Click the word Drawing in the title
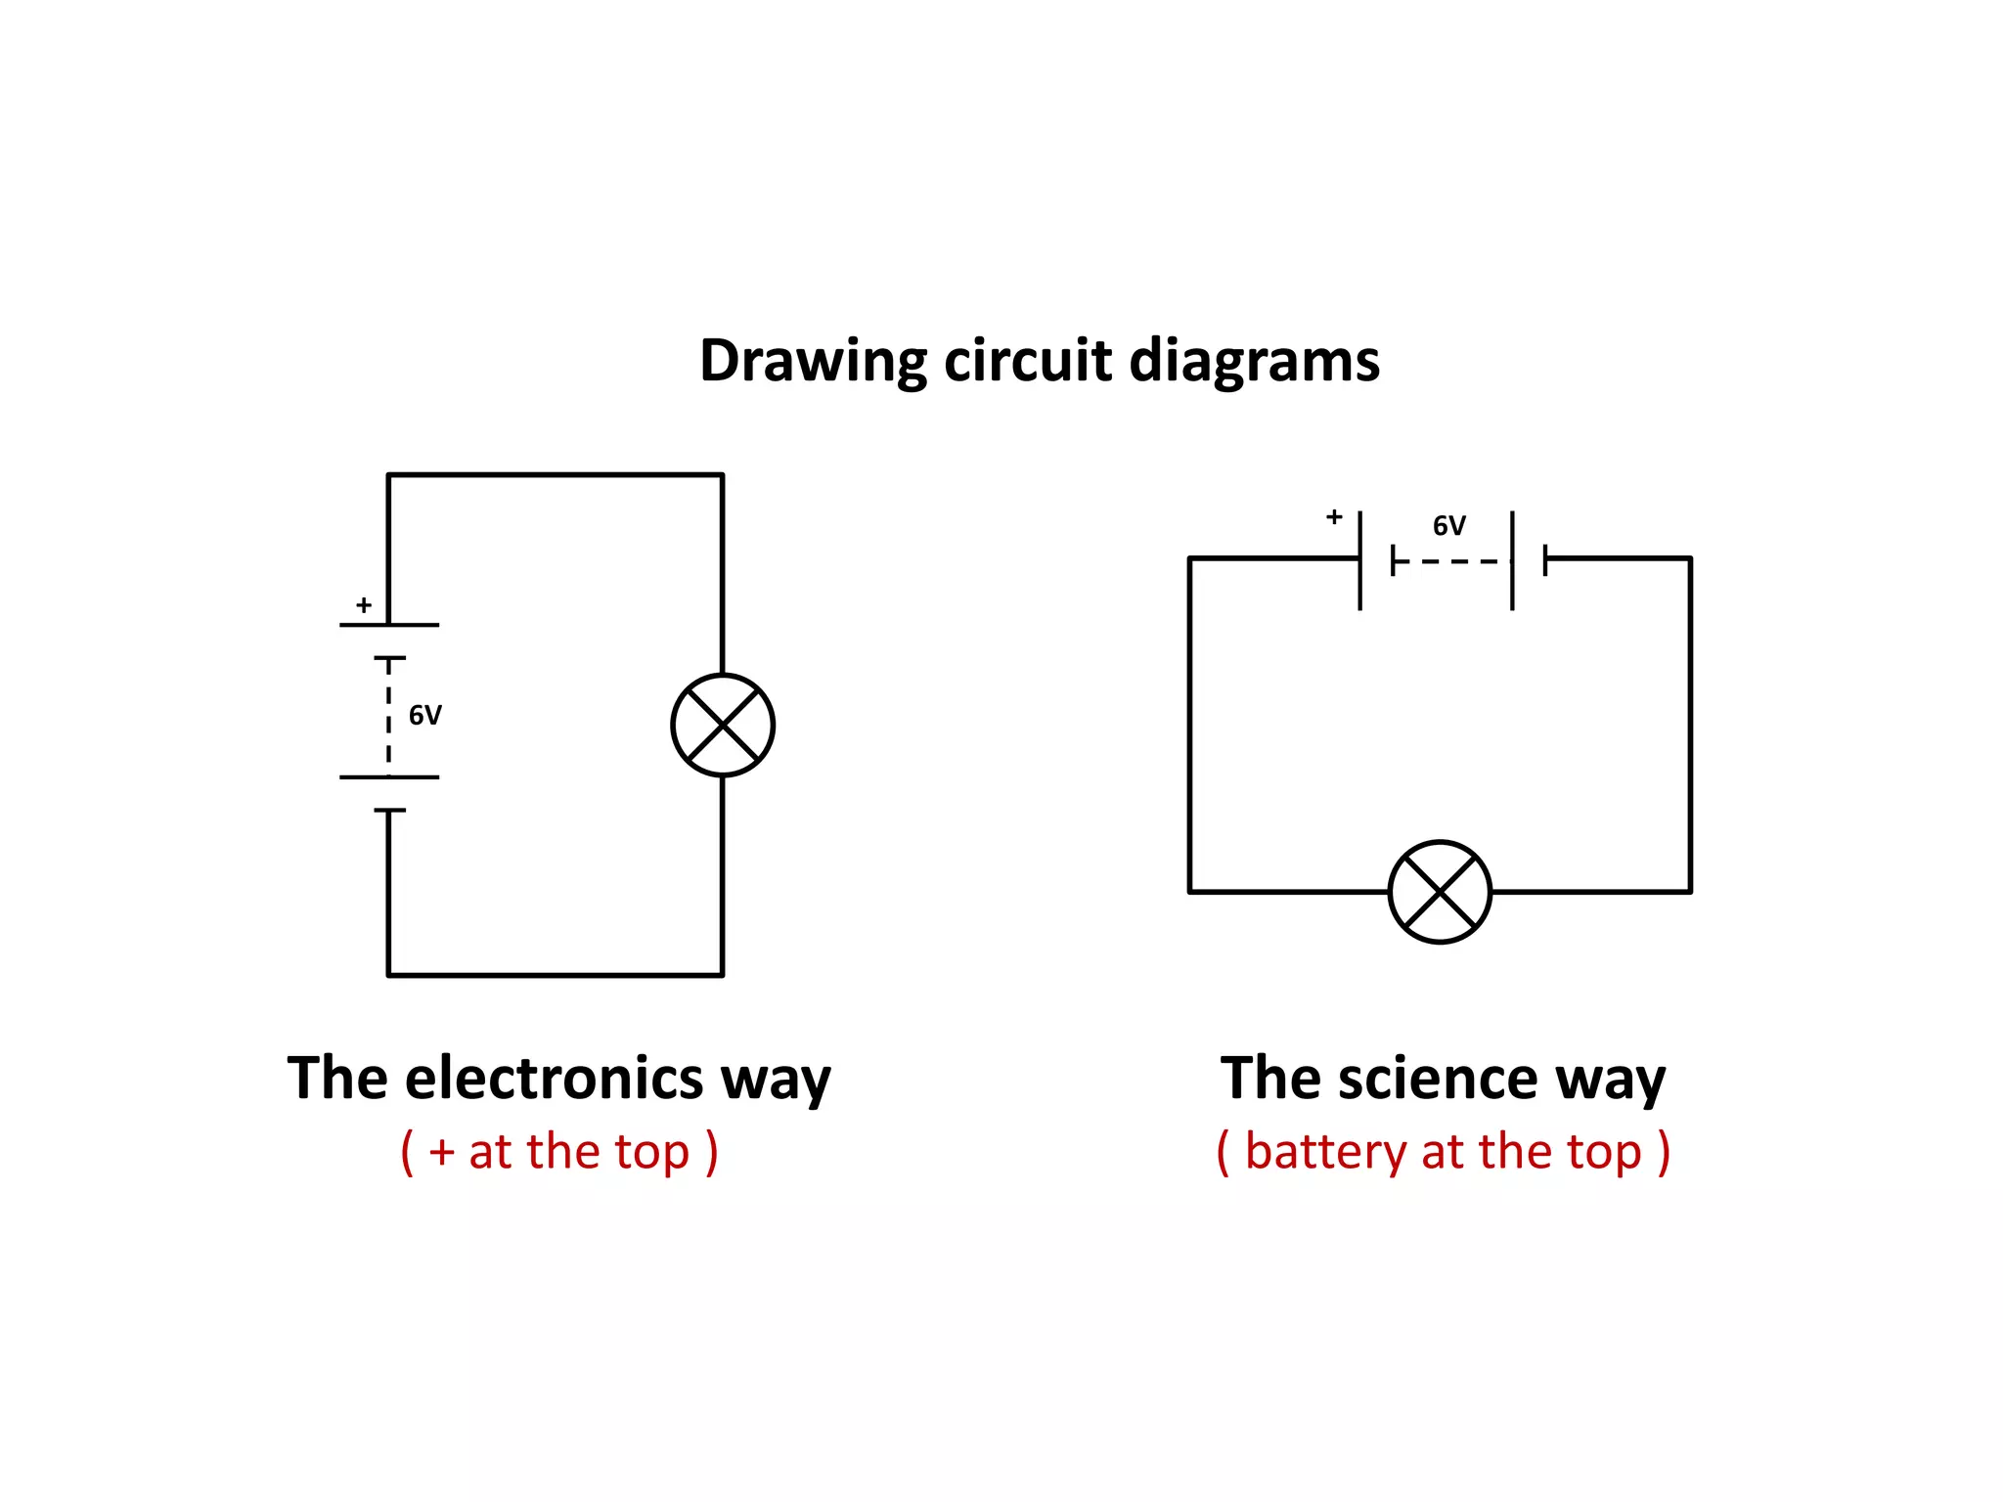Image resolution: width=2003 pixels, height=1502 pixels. (812, 362)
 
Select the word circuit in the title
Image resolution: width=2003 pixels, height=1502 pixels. (1028, 360)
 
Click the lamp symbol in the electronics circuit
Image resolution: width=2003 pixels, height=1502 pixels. (723, 726)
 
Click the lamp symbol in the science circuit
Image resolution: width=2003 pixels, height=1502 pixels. (1440, 892)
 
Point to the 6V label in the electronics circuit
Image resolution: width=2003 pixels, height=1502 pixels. (425, 716)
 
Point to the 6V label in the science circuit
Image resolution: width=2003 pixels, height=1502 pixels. (1449, 526)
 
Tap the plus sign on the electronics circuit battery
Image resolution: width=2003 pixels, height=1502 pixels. (364, 605)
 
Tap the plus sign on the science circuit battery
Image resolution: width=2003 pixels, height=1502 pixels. (1334, 517)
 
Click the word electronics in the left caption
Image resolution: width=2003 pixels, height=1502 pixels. (554, 1079)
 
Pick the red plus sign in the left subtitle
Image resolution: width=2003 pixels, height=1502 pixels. (442, 1153)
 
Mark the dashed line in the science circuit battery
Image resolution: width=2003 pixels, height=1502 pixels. (1457, 562)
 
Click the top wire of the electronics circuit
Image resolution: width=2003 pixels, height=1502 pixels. (556, 475)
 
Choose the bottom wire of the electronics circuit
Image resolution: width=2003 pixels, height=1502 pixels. (556, 975)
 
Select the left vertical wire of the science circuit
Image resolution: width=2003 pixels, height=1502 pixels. (1189, 724)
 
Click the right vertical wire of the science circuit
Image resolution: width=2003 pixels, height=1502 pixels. (1690, 724)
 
